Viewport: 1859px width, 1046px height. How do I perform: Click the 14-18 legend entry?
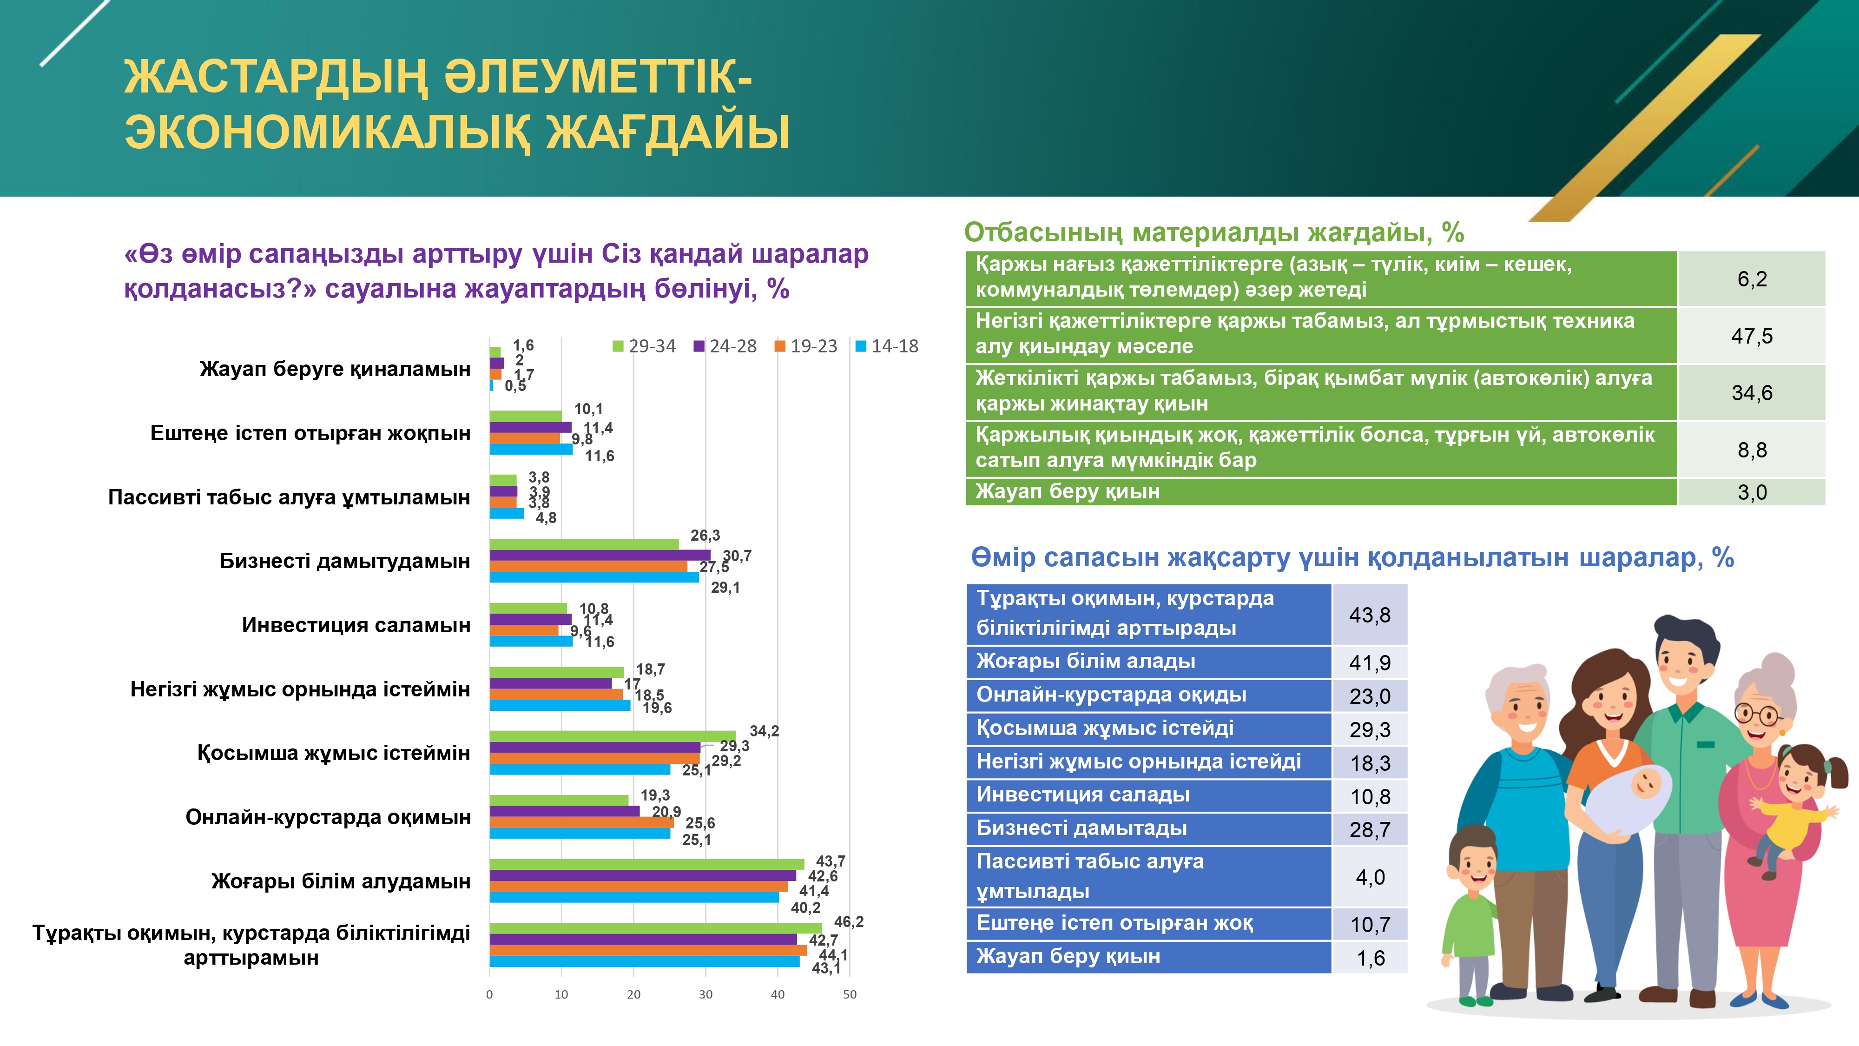[887, 346]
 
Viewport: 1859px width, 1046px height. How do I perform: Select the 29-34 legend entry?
[645, 346]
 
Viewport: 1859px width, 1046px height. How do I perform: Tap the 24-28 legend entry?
[725, 346]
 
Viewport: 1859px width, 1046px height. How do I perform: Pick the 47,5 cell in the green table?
[1752, 336]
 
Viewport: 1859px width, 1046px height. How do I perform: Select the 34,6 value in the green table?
[1752, 393]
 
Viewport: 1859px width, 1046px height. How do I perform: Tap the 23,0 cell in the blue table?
[1370, 696]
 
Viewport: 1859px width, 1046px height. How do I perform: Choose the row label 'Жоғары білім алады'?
[1085, 661]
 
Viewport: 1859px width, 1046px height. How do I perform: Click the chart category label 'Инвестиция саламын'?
[356, 625]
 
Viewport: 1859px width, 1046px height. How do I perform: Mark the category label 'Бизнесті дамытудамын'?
[345, 561]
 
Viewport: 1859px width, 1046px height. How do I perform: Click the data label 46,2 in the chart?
[849, 922]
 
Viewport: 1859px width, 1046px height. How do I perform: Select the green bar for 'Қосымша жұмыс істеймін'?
[613, 736]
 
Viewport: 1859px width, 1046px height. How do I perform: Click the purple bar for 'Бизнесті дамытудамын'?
[600, 555]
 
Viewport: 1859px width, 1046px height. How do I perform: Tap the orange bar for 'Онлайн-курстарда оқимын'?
[582, 822]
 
